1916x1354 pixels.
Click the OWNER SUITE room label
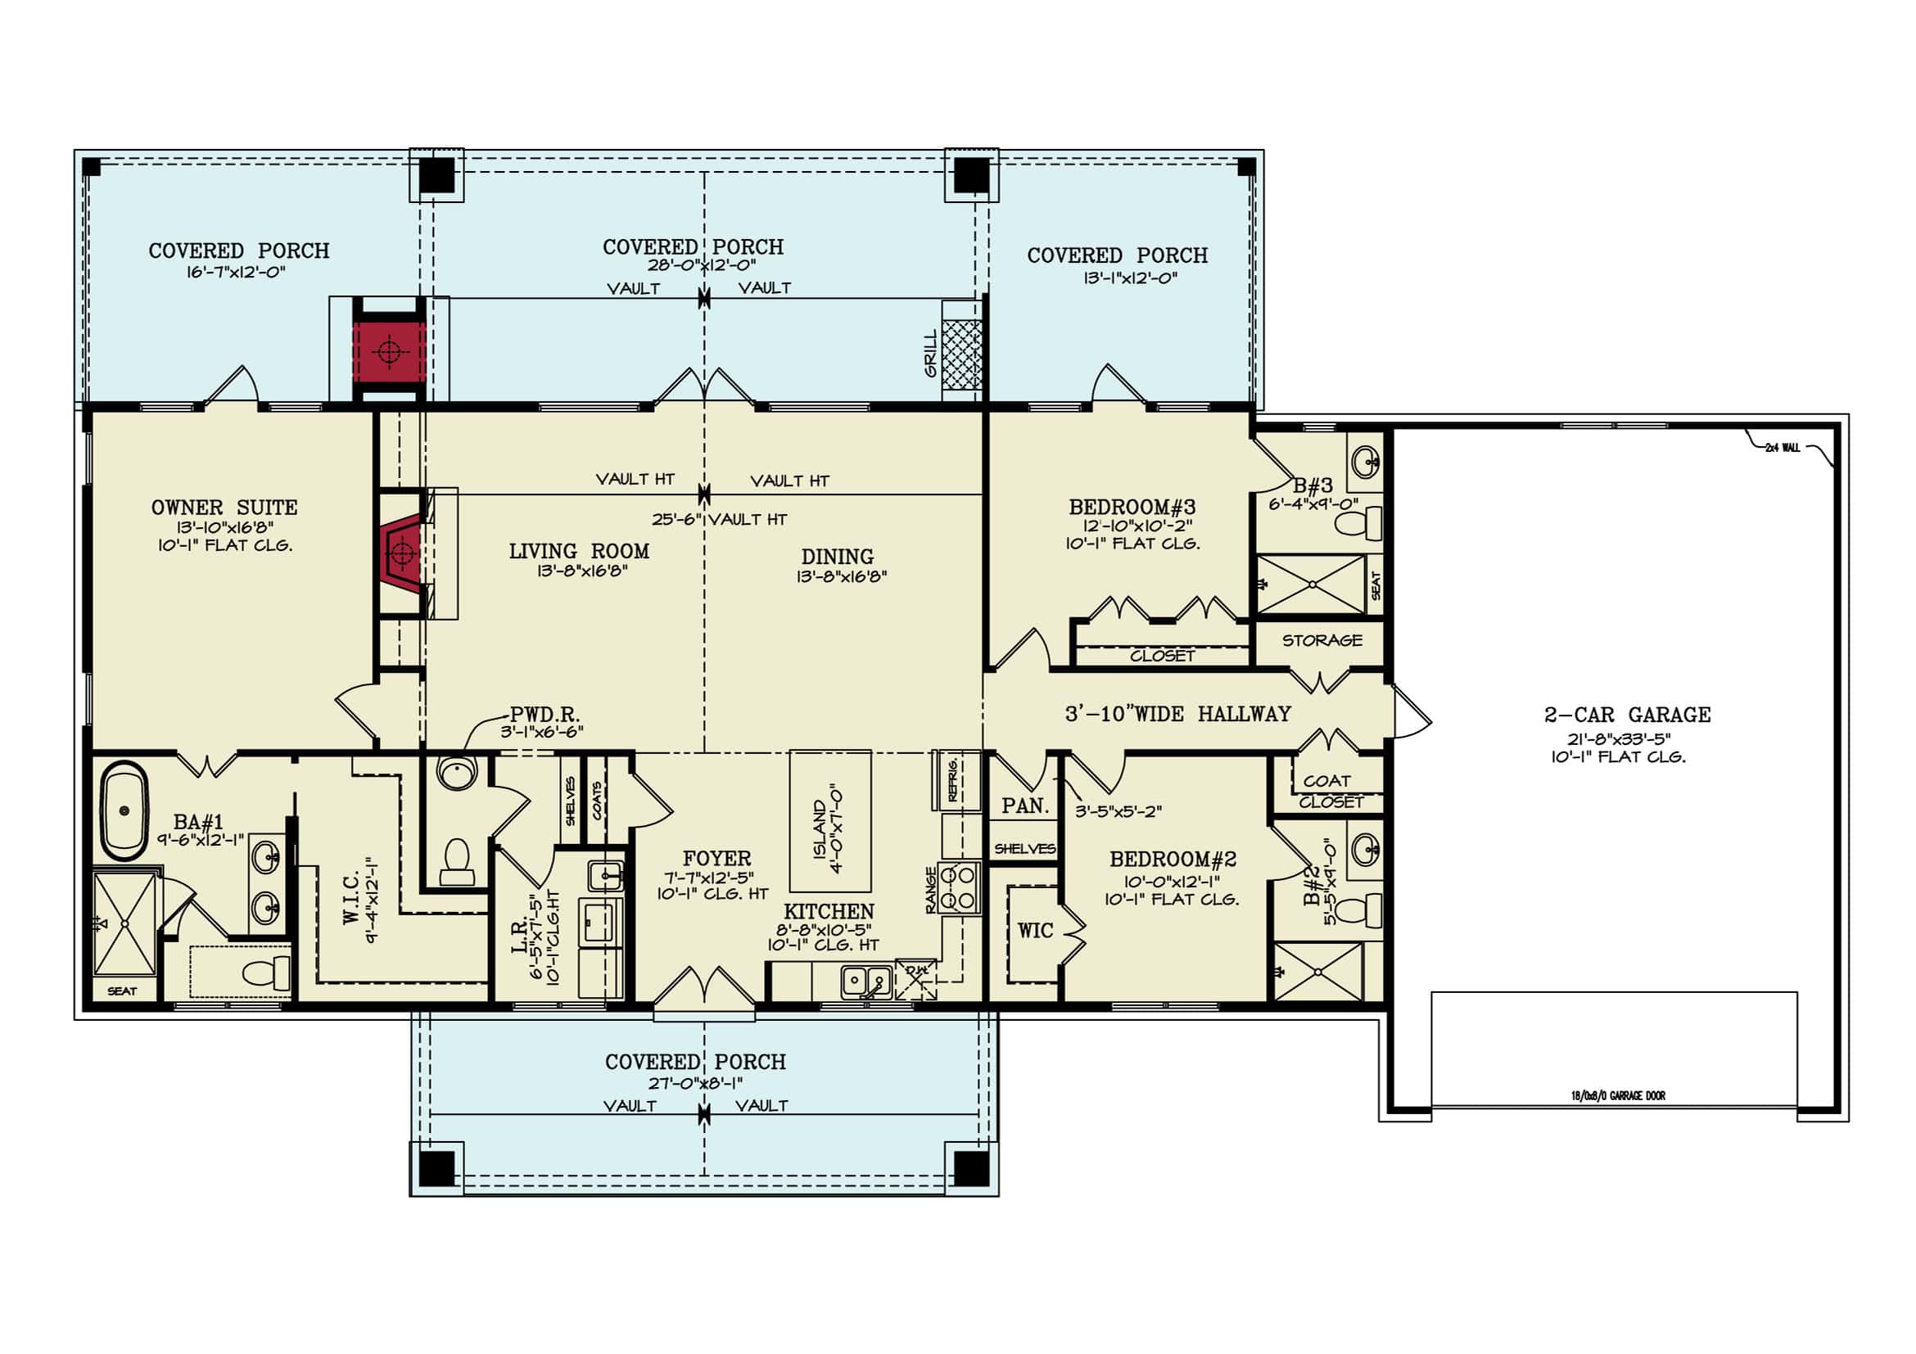224,508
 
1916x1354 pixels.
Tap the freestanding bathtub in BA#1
124,815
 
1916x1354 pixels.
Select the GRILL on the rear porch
960,354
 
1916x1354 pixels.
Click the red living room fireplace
402,552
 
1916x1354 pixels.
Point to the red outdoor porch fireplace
388,352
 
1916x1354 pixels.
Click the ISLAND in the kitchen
829,822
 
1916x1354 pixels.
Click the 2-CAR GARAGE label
1626,715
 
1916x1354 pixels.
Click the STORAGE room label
1322,641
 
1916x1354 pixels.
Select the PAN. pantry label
1025,806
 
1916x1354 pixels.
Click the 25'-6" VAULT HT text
719,519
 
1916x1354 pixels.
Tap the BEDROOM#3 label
1132,508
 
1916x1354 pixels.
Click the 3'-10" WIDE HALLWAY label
1177,714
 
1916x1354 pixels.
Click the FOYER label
716,859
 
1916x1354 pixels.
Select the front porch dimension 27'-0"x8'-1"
695,1083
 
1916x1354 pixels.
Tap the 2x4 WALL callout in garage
1782,448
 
